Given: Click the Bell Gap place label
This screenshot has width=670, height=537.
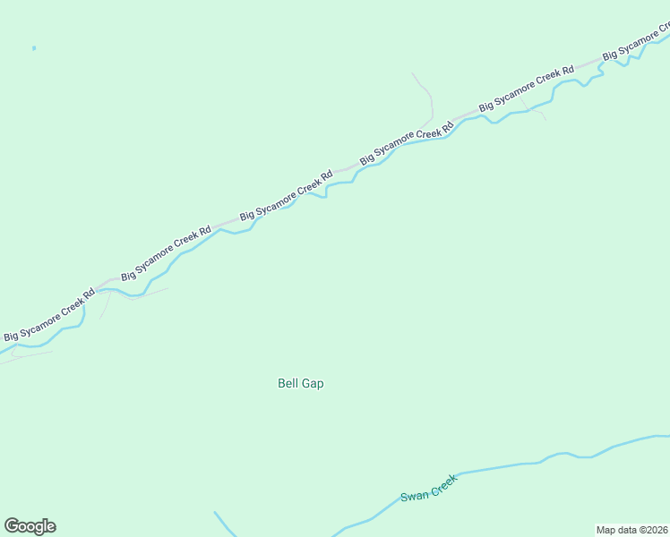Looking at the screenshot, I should [300, 383].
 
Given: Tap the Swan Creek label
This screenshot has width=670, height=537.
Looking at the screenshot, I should [428, 488].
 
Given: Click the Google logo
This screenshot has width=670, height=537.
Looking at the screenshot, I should [30, 526].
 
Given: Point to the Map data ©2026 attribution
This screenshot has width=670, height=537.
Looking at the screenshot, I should [631, 530].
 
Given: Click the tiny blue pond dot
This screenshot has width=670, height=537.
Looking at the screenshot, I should [34, 47].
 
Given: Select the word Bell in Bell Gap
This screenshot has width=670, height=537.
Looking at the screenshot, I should [288, 383].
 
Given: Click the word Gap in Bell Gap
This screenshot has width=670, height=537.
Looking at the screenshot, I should [313, 383].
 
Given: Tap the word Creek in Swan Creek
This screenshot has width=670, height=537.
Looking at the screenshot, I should [442, 482].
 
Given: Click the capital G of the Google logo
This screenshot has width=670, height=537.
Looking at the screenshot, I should [12, 526].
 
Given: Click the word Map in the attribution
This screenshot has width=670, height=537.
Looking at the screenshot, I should [606, 530].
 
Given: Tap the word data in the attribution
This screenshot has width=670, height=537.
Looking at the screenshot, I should [627, 530].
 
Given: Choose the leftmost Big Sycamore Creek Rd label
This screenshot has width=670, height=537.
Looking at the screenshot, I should [49, 315].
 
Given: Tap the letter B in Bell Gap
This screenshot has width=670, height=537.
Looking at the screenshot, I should [281, 383].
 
